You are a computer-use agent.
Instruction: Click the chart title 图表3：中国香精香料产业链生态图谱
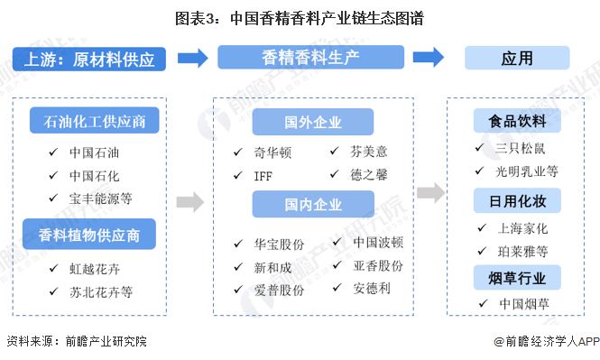[x=299, y=17]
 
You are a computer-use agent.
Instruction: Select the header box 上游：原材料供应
[x=89, y=60]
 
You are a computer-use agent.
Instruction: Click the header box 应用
[x=517, y=59]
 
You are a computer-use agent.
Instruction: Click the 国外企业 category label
[x=312, y=122]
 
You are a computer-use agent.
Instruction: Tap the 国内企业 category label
[x=312, y=205]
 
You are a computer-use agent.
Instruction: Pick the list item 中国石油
[x=94, y=152]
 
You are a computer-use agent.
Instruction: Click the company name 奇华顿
[x=274, y=152]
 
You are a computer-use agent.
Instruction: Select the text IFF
[x=263, y=175]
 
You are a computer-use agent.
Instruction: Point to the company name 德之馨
[x=371, y=175]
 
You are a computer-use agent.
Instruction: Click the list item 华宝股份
[x=280, y=244]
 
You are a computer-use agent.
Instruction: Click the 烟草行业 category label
[x=516, y=276]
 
